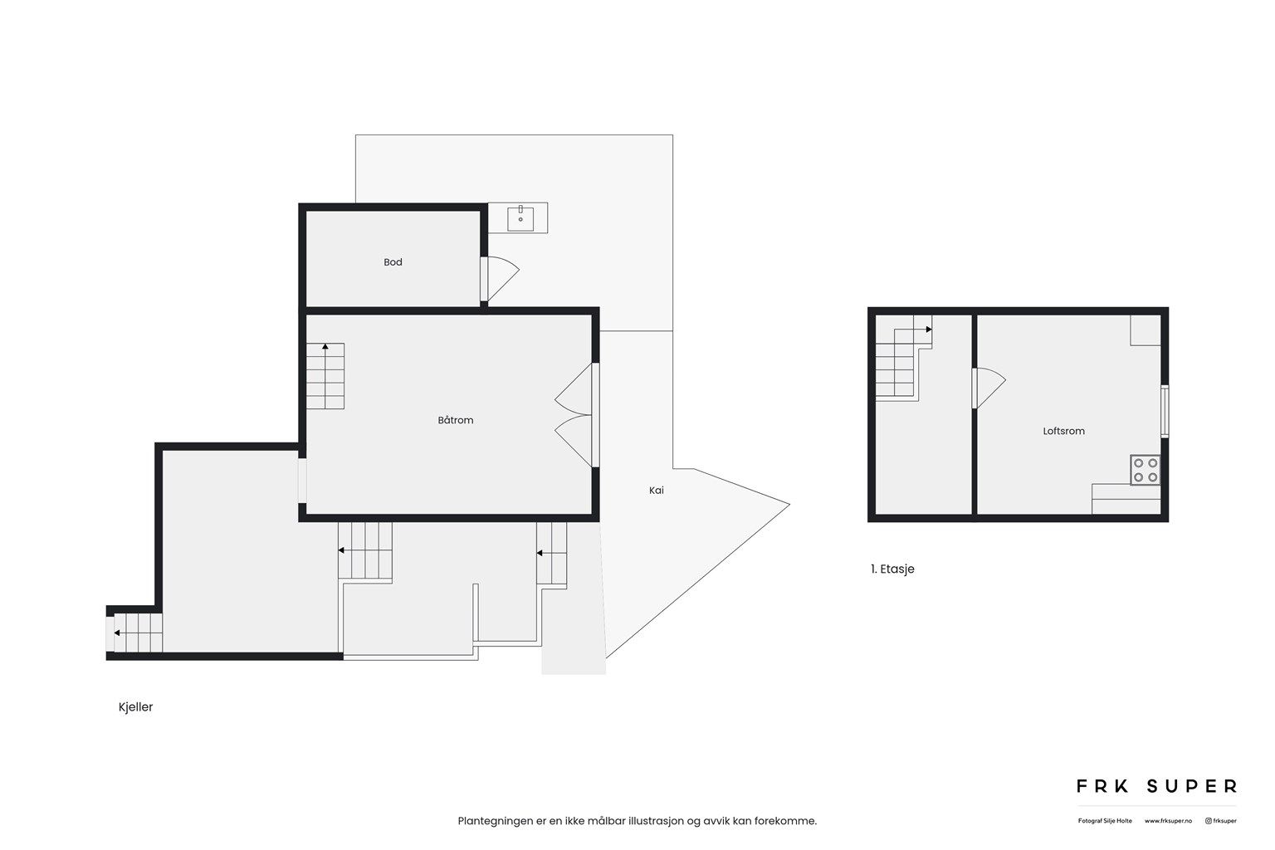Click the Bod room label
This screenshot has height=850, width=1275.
393,262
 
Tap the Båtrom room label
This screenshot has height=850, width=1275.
456,421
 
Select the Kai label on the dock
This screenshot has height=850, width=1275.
657,491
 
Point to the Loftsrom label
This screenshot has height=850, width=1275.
1063,432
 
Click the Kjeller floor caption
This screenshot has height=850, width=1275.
136,707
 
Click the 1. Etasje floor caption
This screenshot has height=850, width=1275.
892,569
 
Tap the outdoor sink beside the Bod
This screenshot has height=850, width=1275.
520,217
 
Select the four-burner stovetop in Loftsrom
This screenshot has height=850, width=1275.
1146,470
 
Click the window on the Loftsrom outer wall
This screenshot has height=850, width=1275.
1165,411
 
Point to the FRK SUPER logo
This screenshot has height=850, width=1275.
1156,786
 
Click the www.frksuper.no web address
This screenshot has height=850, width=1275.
1168,821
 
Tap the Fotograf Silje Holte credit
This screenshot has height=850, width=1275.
1105,821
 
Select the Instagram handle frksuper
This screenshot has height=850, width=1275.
1221,821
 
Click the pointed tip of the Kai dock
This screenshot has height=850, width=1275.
788,504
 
